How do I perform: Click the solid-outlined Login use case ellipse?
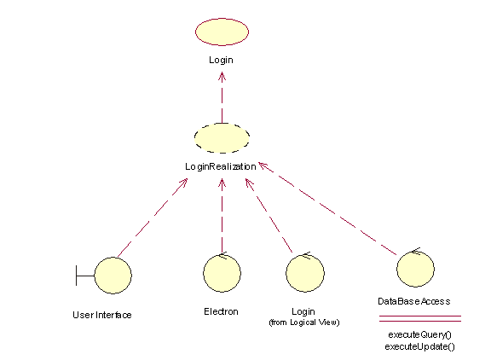pos(222,32)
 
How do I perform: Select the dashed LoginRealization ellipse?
pos(222,138)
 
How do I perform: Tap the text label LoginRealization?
pos(221,166)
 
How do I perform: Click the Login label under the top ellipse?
pos(221,60)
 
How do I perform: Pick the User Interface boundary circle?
pos(113,276)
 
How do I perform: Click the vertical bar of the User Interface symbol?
pos(76,276)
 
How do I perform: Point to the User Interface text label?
pos(102,315)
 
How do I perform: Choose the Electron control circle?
pos(222,273)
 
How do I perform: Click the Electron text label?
pos(221,311)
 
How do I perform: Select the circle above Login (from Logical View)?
pos(305,273)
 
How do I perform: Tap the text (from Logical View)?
pos(304,322)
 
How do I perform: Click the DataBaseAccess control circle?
pos(415,269)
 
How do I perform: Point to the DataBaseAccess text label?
pos(414,301)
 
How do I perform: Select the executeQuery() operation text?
pos(419,334)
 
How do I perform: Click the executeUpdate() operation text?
pos(419,346)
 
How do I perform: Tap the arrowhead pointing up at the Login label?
pos(222,77)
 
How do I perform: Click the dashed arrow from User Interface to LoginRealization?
pos(153,218)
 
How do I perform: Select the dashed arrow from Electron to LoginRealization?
pos(222,216)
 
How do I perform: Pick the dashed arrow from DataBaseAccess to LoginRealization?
pos(327,208)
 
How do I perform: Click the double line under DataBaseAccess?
pos(420,319)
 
